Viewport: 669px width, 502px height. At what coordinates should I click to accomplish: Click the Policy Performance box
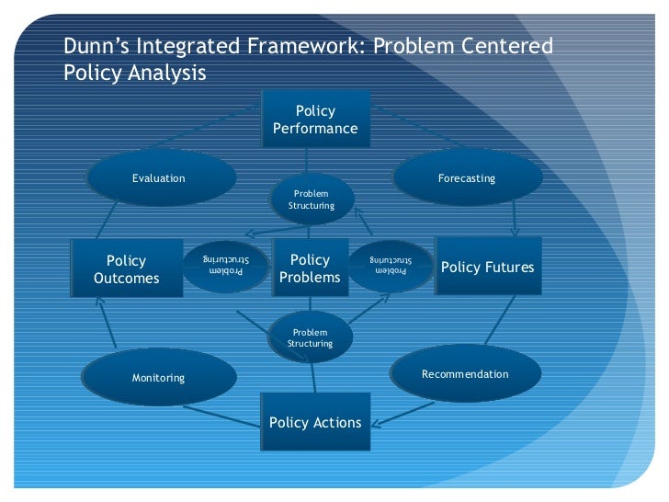click(x=315, y=120)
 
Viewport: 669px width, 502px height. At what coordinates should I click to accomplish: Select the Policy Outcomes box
click(x=127, y=269)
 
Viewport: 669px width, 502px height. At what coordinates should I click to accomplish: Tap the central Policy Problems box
click(x=310, y=268)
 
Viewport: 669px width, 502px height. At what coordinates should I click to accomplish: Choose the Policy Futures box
click(x=488, y=267)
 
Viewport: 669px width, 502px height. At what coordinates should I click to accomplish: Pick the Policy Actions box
click(x=315, y=422)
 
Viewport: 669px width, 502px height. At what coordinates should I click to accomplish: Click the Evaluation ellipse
click(x=159, y=178)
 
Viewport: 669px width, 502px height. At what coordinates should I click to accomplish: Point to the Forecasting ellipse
click(x=467, y=177)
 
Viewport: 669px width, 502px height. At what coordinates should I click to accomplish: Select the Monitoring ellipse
click(x=158, y=377)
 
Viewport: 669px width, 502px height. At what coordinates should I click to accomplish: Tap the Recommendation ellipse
click(x=465, y=374)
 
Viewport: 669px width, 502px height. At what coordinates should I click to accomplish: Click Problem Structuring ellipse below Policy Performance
click(x=312, y=200)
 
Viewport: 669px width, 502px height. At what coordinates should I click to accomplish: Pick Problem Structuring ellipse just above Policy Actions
click(x=311, y=337)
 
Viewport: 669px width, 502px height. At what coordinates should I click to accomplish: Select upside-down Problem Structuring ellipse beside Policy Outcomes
click(x=224, y=266)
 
